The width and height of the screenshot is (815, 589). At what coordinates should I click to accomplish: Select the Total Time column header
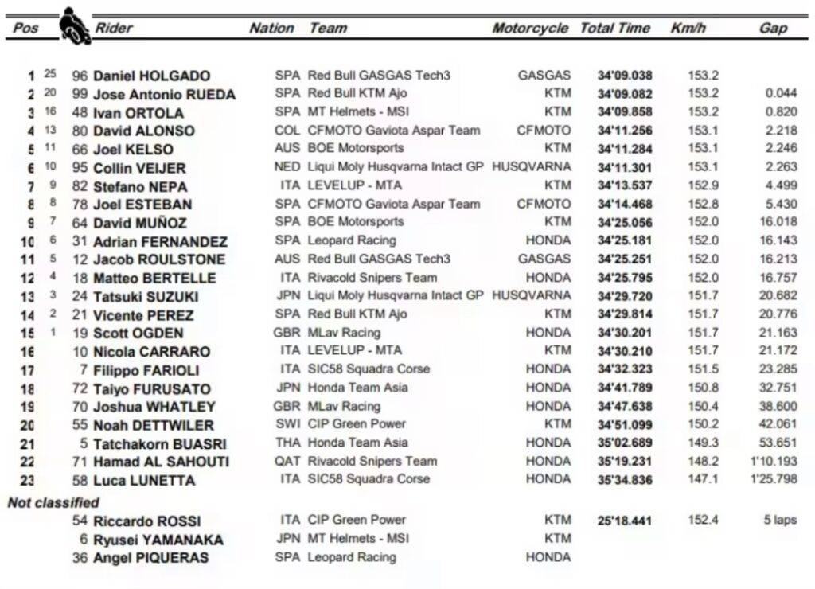pyautogui.click(x=614, y=28)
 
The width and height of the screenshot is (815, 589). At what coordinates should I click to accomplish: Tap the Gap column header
pyautogui.click(x=772, y=28)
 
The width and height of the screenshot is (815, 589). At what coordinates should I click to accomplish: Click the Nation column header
pyautogui.click(x=271, y=28)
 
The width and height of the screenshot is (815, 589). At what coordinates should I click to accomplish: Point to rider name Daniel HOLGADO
pyautogui.click(x=151, y=76)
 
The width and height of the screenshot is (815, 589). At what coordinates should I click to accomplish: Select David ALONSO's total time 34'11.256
pyautogui.click(x=625, y=131)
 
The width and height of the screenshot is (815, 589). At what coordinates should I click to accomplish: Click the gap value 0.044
pyautogui.click(x=781, y=94)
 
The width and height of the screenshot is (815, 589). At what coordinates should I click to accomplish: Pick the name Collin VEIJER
pyautogui.click(x=139, y=168)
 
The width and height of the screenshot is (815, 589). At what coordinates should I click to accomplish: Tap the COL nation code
pyautogui.click(x=287, y=131)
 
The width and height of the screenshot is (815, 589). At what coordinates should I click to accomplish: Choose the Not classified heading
pyautogui.click(x=53, y=503)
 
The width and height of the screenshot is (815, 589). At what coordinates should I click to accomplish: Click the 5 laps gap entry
pyautogui.click(x=779, y=521)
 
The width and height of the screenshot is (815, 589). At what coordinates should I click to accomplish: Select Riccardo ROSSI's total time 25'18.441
pyautogui.click(x=625, y=521)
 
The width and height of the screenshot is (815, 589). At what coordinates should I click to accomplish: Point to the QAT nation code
pyautogui.click(x=287, y=461)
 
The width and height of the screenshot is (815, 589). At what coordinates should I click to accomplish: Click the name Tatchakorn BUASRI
pyautogui.click(x=159, y=444)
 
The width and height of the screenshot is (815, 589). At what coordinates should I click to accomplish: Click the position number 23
pyautogui.click(x=27, y=480)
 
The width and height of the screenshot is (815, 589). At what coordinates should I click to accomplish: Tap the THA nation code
pyautogui.click(x=287, y=443)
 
